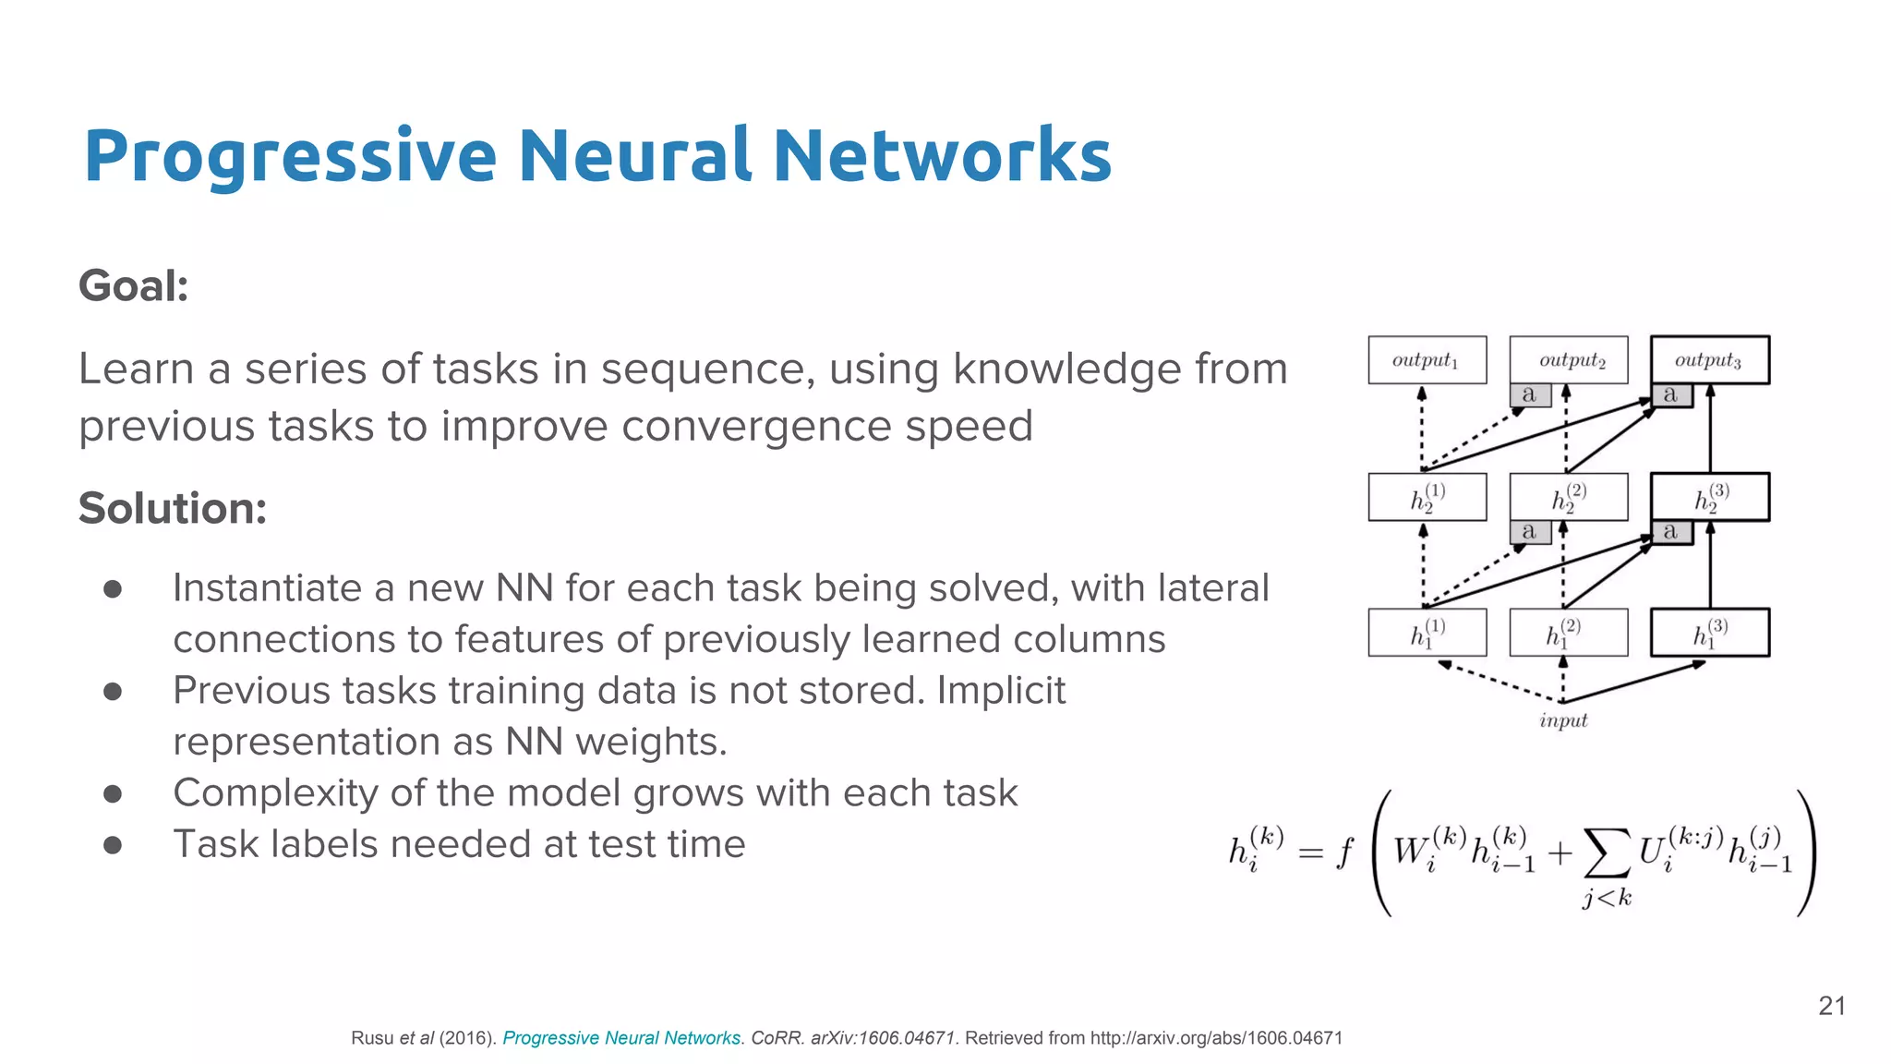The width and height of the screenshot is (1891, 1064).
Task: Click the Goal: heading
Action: tap(133, 285)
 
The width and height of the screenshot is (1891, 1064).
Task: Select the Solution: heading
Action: tap(173, 508)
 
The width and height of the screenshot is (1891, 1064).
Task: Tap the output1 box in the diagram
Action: tap(1427, 360)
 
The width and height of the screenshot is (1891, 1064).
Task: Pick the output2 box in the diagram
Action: tap(1569, 360)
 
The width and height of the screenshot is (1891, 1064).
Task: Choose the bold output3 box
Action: tap(1709, 360)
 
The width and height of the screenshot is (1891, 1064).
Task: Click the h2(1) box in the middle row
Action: tap(1427, 497)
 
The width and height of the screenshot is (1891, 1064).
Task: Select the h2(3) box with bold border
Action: tap(1709, 497)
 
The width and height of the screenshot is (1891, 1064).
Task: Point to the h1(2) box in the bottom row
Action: tap(1568, 633)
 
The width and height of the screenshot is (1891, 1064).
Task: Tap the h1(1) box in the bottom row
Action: tap(1427, 633)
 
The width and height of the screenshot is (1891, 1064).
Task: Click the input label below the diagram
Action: tap(1563, 720)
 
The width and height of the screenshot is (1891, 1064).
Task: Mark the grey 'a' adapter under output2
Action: tap(1530, 395)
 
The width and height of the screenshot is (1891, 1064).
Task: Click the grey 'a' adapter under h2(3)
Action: tap(1671, 532)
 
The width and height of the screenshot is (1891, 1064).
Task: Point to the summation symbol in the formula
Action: tap(1607, 852)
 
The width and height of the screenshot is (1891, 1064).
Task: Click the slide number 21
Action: tap(1832, 1006)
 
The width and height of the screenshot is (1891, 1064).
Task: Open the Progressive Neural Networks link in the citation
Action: tap(620, 1038)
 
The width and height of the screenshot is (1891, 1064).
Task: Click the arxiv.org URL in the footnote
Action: tap(1216, 1038)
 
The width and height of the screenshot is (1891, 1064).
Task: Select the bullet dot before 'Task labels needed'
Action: tap(113, 844)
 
